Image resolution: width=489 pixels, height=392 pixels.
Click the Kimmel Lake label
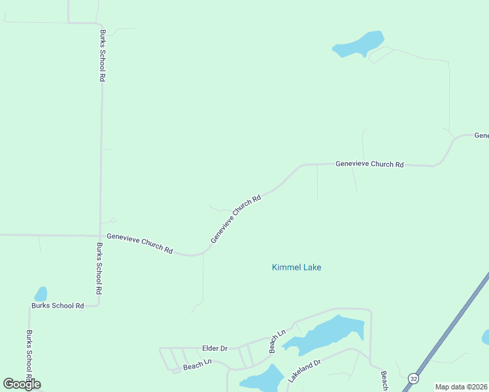[x=296, y=267]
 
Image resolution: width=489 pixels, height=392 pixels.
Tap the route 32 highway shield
[x=413, y=378]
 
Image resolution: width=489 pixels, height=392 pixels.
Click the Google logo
[x=22, y=384]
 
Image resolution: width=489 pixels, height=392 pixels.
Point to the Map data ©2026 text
[x=461, y=387]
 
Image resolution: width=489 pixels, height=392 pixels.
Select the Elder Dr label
[x=214, y=349]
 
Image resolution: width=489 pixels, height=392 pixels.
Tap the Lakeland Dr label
[x=305, y=371]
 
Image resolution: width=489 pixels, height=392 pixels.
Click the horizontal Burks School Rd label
[x=58, y=306]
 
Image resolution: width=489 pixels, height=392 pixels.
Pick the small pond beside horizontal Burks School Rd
[x=41, y=294]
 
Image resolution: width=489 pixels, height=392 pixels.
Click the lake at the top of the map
[x=358, y=44]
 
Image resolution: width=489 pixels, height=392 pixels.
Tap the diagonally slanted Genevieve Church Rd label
[x=236, y=219]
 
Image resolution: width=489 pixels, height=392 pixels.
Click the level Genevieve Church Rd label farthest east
[x=369, y=164]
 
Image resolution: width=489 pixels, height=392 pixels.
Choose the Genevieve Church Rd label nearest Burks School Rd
[x=139, y=243]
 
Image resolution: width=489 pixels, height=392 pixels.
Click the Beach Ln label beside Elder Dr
[x=197, y=364]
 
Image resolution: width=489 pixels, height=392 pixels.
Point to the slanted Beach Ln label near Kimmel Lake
[x=277, y=342]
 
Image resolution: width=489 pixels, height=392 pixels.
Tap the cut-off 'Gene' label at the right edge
[x=481, y=135]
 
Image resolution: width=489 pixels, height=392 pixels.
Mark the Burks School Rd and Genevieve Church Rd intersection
[x=100, y=235]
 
